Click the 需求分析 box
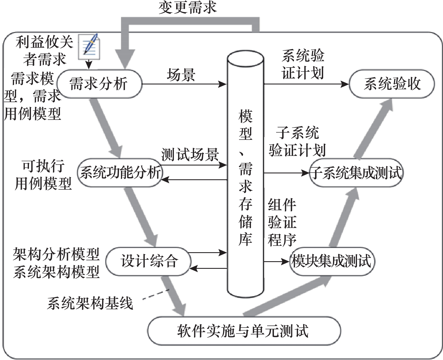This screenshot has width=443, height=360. (99, 84)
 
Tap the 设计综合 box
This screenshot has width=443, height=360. (148, 261)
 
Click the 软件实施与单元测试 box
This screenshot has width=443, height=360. (244, 331)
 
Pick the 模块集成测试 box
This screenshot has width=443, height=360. (332, 261)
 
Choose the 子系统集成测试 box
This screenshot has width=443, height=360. (356, 173)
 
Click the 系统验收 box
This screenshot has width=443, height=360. (392, 84)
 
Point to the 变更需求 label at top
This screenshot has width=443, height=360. (188, 8)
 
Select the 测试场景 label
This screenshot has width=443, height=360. (190, 155)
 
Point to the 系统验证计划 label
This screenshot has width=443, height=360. (303, 64)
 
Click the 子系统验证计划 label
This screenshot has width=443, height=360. (297, 142)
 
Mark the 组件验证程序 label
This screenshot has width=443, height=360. (282, 222)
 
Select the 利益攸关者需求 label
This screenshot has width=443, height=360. (44, 51)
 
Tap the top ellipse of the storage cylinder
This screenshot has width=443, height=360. (245, 59)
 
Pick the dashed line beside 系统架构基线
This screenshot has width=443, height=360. (156, 294)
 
